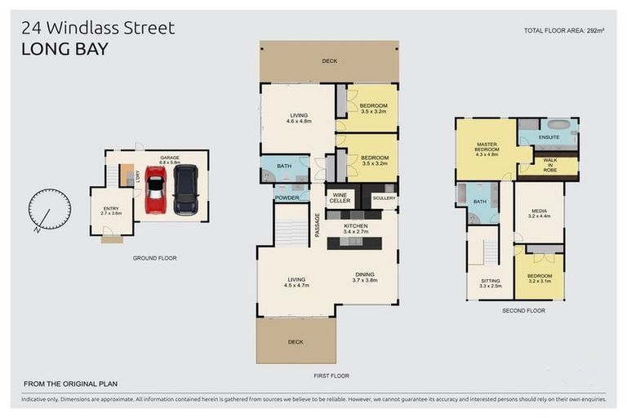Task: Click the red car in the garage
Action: click(x=155, y=190)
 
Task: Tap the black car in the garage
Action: click(x=185, y=190)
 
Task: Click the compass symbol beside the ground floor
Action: click(x=49, y=209)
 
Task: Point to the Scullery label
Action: click(x=383, y=198)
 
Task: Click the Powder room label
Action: click(x=286, y=197)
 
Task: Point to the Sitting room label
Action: click(x=489, y=283)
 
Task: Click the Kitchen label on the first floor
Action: click(x=355, y=229)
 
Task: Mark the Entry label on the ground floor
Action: click(x=110, y=211)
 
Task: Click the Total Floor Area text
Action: click(x=564, y=30)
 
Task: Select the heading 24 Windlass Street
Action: click(x=99, y=29)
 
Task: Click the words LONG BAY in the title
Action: click(x=64, y=49)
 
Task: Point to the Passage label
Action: click(x=318, y=225)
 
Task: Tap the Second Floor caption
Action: click(x=523, y=311)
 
